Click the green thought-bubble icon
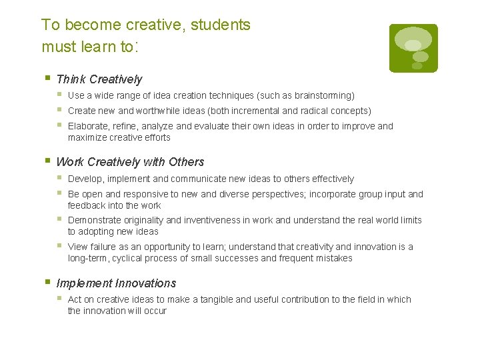pos(413,47)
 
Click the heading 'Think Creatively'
pos(99,79)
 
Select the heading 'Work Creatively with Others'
pos(130,162)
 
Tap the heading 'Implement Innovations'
pos(116,283)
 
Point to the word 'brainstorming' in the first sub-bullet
pos(323,96)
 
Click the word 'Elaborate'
pos(89,126)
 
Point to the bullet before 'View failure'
pos(59,246)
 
